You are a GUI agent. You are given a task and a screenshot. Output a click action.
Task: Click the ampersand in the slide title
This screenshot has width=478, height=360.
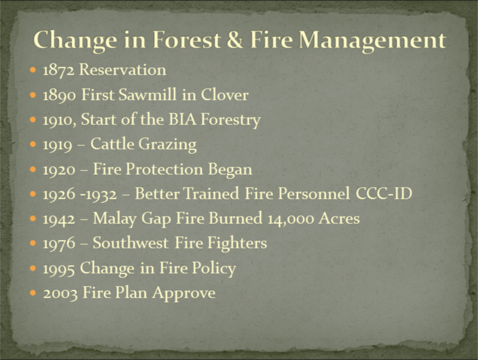(x=235, y=40)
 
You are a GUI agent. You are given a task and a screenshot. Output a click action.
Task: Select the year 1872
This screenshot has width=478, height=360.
(x=58, y=70)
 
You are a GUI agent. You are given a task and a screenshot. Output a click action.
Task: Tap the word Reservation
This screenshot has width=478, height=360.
(x=122, y=70)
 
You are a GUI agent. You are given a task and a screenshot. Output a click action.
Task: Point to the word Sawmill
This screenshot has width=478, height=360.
(x=148, y=94)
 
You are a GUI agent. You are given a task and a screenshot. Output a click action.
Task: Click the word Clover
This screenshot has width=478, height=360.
(x=224, y=94)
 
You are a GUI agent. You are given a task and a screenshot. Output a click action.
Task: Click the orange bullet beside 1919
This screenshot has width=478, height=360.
(x=33, y=144)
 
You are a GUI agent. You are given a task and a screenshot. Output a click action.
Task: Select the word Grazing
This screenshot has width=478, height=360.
(x=168, y=145)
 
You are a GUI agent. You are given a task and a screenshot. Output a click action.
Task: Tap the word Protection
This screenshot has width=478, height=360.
(x=164, y=169)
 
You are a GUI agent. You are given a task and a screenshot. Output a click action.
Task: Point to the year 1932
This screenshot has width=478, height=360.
(x=101, y=194)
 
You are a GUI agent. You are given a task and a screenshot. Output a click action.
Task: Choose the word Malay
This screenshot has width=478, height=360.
(x=115, y=219)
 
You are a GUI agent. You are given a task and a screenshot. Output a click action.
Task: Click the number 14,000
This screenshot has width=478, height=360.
(x=290, y=219)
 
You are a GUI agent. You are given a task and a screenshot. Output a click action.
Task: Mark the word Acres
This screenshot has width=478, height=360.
(x=339, y=218)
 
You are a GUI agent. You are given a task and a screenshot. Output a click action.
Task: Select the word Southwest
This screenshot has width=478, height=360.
(x=131, y=243)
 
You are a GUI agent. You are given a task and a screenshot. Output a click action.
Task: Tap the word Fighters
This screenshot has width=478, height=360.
(x=237, y=244)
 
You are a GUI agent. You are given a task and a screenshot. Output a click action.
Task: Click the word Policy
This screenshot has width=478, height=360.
(x=214, y=269)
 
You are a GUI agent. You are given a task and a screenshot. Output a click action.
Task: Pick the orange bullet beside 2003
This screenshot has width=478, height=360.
(x=33, y=293)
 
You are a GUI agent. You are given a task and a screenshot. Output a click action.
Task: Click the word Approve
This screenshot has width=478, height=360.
(x=184, y=293)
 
